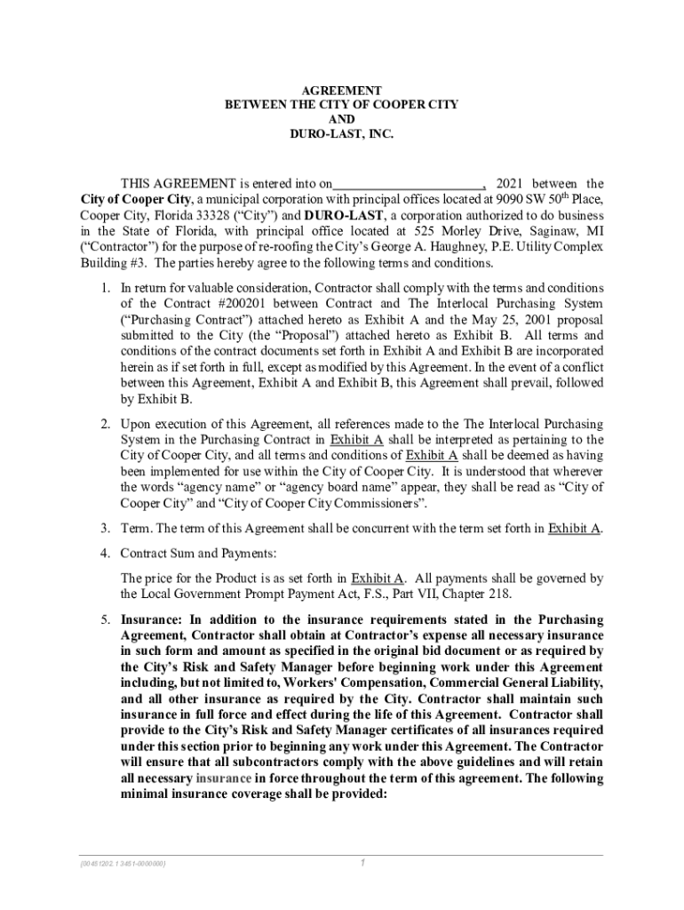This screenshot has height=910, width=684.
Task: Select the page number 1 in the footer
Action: [362, 862]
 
